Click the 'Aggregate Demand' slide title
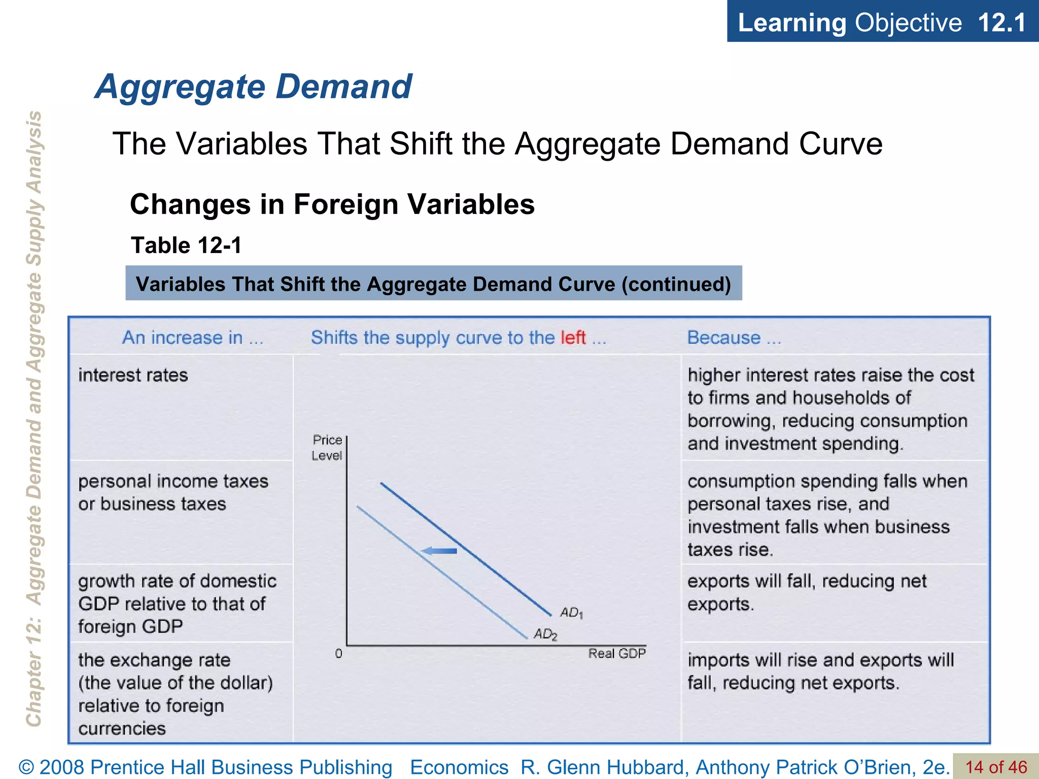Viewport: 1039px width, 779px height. [x=253, y=87]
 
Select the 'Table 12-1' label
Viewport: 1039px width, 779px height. [x=186, y=245]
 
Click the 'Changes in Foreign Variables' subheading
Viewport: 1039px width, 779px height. [x=332, y=204]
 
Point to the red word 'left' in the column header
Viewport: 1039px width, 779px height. [x=573, y=338]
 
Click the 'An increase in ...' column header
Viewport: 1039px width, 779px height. [x=193, y=338]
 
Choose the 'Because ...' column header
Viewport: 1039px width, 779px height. [x=734, y=338]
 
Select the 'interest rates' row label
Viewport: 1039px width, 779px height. [x=133, y=375]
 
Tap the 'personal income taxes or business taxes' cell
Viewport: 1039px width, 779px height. [x=173, y=492]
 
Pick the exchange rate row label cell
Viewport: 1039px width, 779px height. [x=175, y=694]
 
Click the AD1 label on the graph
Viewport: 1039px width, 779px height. [x=571, y=613]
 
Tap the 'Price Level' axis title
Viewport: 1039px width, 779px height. [x=327, y=448]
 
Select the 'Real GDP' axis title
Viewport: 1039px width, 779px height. [x=617, y=654]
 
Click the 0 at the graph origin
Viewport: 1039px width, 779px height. [x=339, y=654]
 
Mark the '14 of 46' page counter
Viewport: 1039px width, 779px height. [x=996, y=767]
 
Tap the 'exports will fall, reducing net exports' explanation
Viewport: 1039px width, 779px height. [x=807, y=592]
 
